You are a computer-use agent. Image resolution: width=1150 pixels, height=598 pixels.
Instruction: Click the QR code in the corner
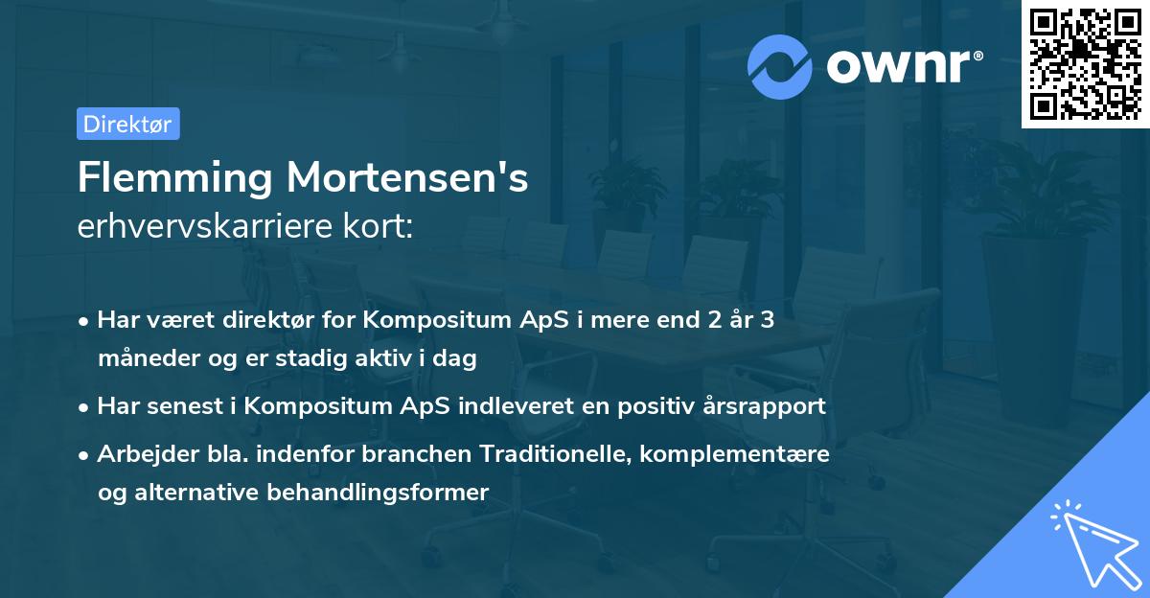click(x=1085, y=63)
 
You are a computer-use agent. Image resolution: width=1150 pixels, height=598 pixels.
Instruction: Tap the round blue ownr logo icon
click(x=780, y=67)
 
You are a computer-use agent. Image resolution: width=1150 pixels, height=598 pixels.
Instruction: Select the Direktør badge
click(x=127, y=124)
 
